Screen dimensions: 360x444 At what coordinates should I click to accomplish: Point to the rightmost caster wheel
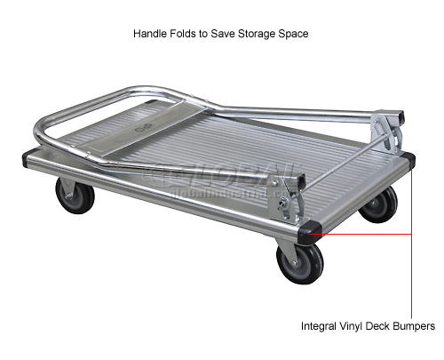coord(379,204)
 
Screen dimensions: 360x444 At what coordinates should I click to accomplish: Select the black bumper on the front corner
coord(308,230)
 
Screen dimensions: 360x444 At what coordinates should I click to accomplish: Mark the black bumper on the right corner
coord(407,163)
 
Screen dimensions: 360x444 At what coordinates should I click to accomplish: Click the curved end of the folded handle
coord(44,133)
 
